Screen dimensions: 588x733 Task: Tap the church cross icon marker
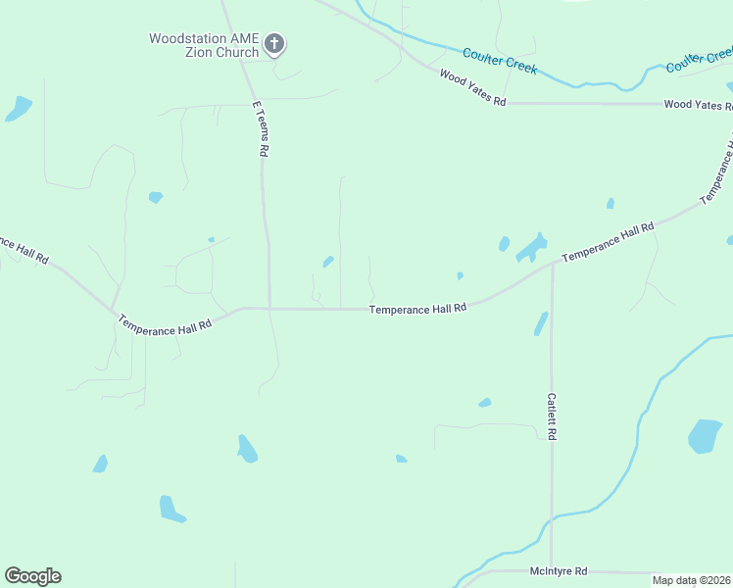pos(274,43)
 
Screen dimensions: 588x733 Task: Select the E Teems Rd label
pos(260,128)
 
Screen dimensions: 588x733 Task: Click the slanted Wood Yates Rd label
pos(472,88)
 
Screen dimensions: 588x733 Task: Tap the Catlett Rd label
pos(552,416)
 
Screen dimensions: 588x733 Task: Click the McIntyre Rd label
pos(558,570)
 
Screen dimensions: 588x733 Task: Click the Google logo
pos(32,576)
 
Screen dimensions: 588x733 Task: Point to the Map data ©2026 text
pos(692,580)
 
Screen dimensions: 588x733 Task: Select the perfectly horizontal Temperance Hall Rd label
pos(417,309)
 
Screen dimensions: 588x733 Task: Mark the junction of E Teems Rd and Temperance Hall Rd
pos(269,308)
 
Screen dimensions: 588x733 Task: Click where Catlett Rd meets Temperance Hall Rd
pos(552,264)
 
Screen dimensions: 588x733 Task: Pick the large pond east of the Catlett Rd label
pos(704,436)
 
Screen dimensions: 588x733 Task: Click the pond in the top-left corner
pos(19,108)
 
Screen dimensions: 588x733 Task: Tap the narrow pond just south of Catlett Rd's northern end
pos(541,323)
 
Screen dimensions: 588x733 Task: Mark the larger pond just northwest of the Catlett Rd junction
pos(531,247)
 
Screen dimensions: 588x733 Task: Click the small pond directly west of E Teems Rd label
pos(156,197)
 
